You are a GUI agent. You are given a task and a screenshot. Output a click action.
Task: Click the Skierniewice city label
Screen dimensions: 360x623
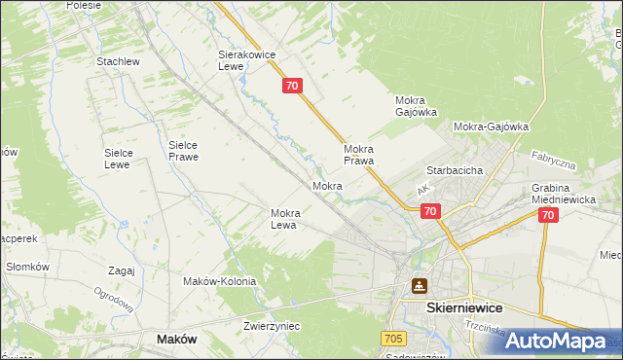464,306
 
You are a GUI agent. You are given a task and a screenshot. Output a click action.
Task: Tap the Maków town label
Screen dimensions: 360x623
176,339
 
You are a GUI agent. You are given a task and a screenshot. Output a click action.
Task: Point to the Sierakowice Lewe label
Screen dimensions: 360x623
243,61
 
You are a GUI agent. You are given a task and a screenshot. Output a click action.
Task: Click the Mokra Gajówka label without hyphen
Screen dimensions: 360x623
416,106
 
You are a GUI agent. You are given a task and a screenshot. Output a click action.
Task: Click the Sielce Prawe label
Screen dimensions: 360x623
183,150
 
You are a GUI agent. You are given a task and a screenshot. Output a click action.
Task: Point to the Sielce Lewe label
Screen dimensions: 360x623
125,159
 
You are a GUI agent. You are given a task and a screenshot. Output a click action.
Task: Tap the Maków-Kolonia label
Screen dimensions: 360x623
219,281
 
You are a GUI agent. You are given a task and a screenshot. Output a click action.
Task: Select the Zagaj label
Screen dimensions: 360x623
122,271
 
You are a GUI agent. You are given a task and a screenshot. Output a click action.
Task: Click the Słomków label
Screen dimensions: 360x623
27,267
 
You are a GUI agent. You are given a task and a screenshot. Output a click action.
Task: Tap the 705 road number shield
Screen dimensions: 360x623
393,337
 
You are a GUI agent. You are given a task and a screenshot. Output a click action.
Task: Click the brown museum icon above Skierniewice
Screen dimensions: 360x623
419,285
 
